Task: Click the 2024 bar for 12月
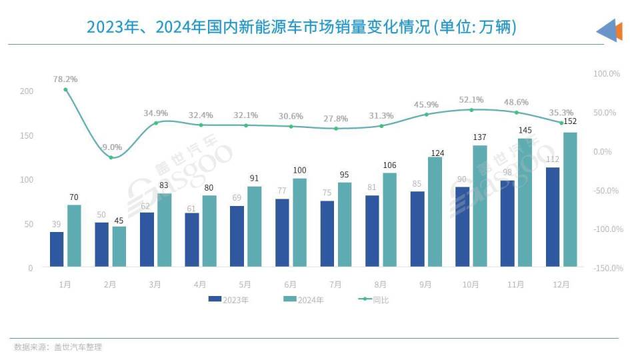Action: coord(570,200)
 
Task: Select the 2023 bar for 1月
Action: coord(57,249)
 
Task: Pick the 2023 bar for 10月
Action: coord(462,227)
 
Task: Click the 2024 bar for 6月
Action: coord(299,223)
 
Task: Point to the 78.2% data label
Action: coord(65,79)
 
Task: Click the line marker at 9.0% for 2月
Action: coord(111,157)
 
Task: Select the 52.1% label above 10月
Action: coord(471,99)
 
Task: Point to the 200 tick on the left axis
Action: coord(26,91)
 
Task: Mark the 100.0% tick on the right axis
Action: coord(607,73)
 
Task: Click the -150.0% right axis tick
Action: coord(607,268)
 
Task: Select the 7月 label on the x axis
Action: coord(335,285)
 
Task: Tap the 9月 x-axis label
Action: coord(425,285)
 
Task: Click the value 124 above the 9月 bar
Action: coord(435,153)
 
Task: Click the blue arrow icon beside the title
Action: coord(609,31)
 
